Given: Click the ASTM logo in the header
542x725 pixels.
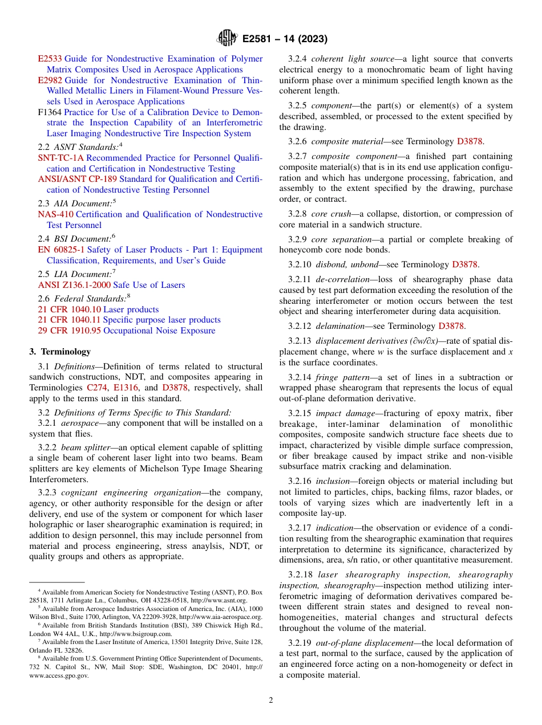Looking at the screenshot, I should (228, 39).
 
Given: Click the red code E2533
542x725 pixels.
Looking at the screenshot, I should (50, 59).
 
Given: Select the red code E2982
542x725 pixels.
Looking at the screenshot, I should (50, 80).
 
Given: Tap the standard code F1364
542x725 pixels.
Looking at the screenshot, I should (50, 112).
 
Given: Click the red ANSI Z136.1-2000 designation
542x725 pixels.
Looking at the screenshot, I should (74, 285).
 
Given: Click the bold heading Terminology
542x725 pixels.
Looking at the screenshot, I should (66, 352).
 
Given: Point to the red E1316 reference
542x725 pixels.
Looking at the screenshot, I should (126, 388).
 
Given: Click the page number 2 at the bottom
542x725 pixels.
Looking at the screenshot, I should (271, 700).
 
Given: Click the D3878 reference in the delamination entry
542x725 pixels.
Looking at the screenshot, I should (452, 326).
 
